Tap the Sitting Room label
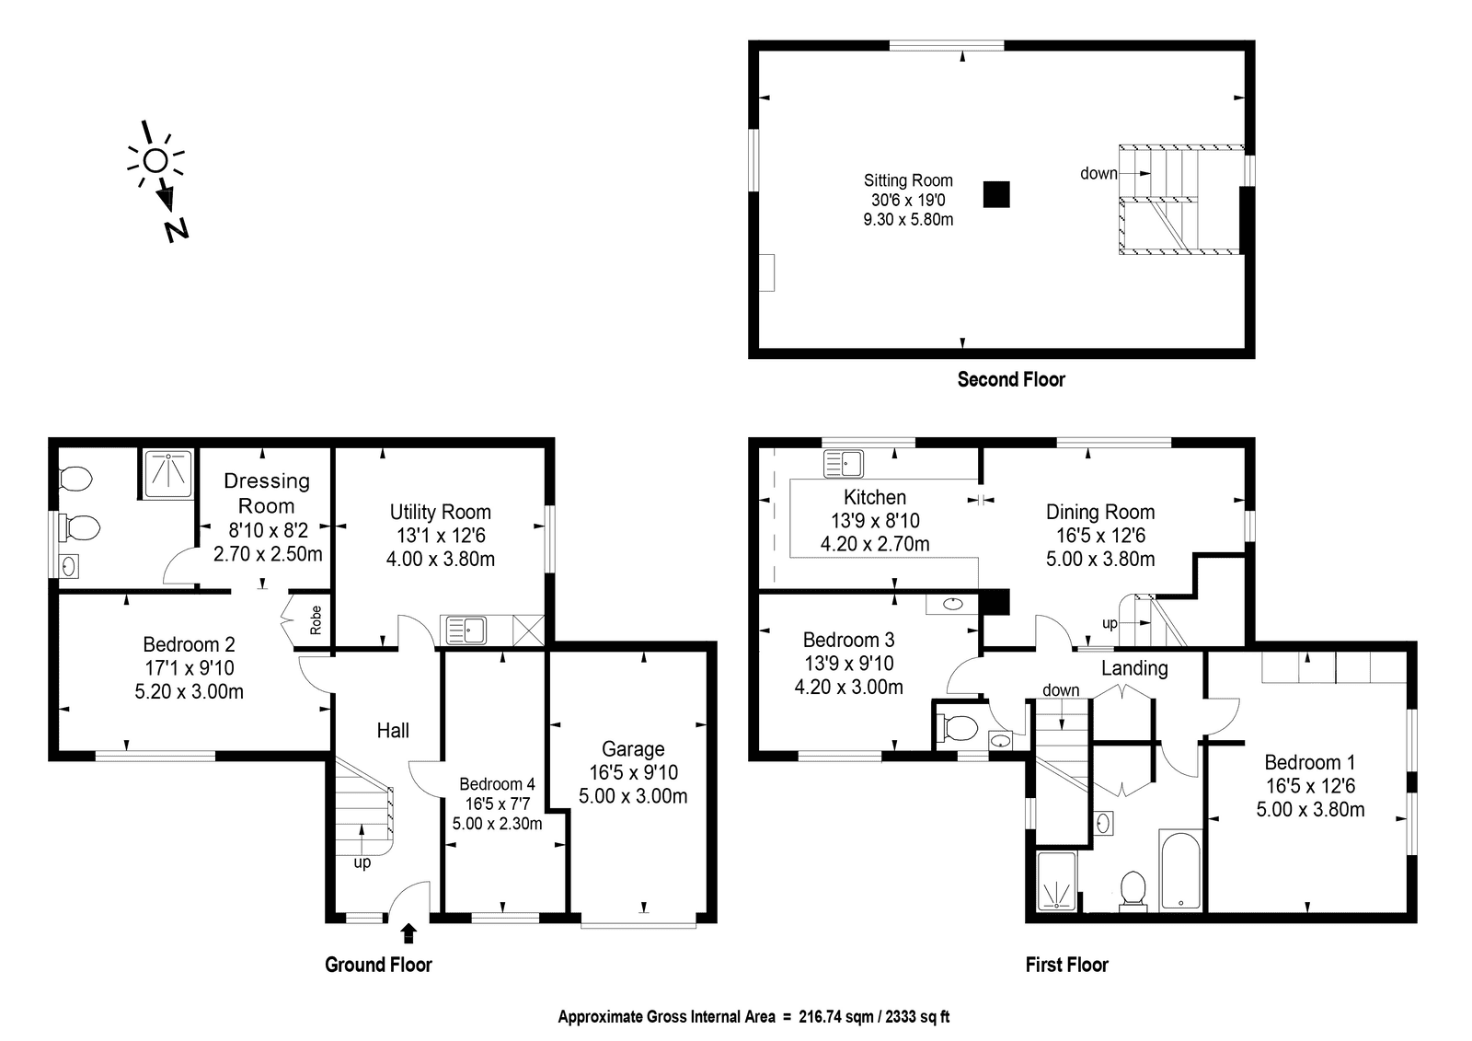(908, 180)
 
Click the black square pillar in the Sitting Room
(996, 194)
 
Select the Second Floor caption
(1011, 379)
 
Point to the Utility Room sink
(466, 630)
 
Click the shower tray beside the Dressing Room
(169, 473)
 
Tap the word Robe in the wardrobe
(316, 620)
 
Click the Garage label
(633, 749)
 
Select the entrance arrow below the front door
(408, 933)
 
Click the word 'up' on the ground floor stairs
(362, 862)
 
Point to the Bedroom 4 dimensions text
(498, 814)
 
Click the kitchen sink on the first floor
(843, 464)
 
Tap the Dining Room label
(1100, 512)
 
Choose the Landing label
(1135, 668)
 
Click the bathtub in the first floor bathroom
(1180, 871)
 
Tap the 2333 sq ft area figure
(917, 1017)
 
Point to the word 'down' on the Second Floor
(1098, 174)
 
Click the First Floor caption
(1066, 965)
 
